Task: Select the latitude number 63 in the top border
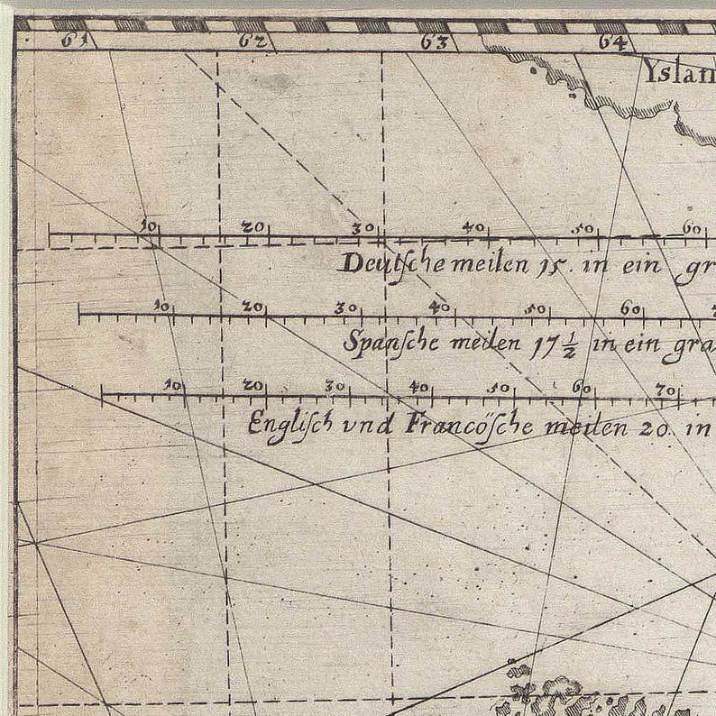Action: click(x=435, y=41)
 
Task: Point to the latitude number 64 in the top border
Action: click(x=615, y=41)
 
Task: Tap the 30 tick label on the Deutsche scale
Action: click(x=363, y=228)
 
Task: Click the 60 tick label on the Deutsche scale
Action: click(x=693, y=228)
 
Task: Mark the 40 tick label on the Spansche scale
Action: click(x=438, y=307)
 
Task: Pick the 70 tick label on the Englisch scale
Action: click(x=666, y=390)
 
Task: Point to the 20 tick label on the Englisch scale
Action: click(x=253, y=386)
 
